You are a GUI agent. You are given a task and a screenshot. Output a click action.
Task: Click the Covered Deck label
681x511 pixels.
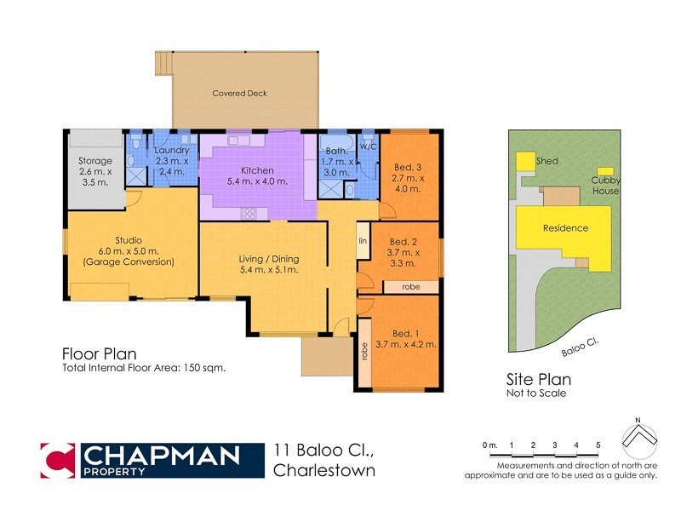(240, 93)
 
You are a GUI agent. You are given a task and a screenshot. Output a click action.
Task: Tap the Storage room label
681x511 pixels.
(94, 160)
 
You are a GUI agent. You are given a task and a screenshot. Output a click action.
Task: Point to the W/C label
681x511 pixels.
(368, 146)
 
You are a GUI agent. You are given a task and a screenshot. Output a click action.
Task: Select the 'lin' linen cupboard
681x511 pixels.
(362, 241)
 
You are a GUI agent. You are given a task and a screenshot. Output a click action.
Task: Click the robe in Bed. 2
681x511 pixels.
(410, 287)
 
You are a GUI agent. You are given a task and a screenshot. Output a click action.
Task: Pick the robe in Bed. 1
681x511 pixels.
(363, 352)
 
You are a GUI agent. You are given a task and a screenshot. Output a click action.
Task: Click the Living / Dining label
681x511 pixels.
(269, 259)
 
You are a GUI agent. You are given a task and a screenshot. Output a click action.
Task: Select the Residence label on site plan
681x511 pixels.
(565, 228)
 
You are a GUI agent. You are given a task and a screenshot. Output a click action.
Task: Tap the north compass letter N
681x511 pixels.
(637, 421)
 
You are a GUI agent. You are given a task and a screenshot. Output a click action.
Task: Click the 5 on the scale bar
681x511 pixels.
(598, 445)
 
